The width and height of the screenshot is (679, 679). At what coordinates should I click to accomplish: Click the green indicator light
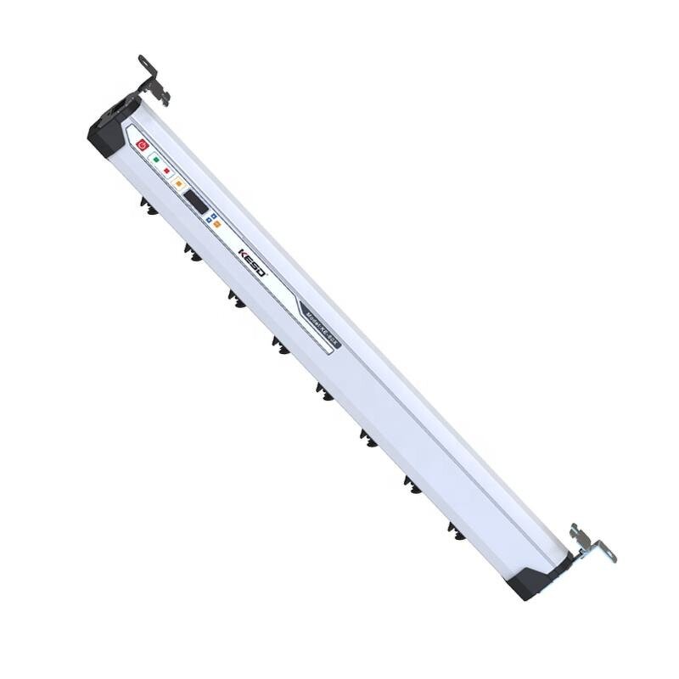[156, 159]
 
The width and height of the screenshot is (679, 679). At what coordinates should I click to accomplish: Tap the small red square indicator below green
[166, 171]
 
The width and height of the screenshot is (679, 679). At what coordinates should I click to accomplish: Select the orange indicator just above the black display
[178, 183]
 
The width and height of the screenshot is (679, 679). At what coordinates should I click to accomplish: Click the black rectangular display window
[196, 201]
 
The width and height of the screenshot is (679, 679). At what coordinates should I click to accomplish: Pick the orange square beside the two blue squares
[216, 224]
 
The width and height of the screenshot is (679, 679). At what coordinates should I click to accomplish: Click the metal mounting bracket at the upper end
[152, 80]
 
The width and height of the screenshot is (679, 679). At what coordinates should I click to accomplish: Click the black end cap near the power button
[106, 136]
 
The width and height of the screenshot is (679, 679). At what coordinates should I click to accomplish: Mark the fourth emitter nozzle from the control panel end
[278, 344]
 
